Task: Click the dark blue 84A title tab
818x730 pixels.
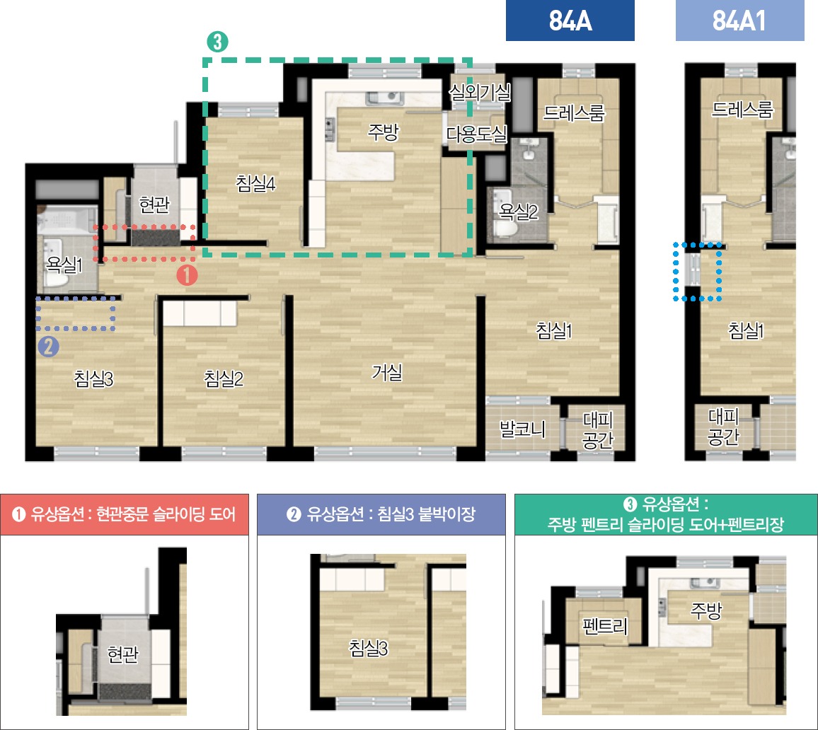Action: point(570,21)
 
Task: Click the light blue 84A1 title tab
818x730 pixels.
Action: point(739,21)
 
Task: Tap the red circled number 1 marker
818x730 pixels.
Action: point(187,274)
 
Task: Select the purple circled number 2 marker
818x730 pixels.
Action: point(49,346)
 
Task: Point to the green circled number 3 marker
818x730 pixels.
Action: point(217,42)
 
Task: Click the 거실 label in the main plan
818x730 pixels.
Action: point(387,372)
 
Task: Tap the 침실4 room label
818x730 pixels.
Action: point(255,183)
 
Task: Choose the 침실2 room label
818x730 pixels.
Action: point(224,378)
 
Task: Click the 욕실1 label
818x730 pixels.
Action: point(64,265)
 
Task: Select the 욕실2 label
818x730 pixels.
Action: point(519,212)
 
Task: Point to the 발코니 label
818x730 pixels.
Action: point(523,429)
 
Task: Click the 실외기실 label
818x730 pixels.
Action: point(480,92)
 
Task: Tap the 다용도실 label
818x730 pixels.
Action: point(477,134)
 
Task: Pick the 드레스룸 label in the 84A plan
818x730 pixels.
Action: point(574,112)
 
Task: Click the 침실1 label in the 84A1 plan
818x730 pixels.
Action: point(746,330)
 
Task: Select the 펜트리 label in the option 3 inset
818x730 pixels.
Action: point(604,625)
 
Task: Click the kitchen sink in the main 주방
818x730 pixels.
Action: point(385,98)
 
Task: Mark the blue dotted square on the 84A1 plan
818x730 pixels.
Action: point(698,271)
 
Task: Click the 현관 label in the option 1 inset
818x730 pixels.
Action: point(122,654)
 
